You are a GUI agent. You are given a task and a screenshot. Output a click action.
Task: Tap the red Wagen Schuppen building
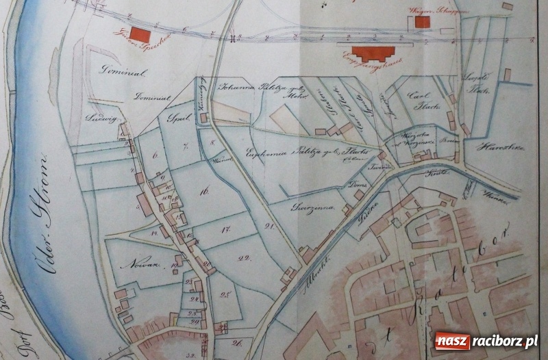tap(422, 22)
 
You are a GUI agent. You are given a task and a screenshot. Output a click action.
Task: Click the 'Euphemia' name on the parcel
tap(268, 153)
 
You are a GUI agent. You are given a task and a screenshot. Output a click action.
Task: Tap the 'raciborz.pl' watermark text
tap(503, 341)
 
